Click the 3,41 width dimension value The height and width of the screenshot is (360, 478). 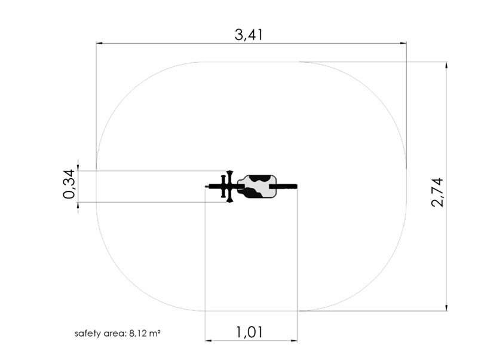tap(249, 35)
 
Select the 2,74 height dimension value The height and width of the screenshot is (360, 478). tap(437, 193)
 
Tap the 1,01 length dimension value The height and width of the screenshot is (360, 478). tap(249, 332)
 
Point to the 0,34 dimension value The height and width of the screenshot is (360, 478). tap(69, 184)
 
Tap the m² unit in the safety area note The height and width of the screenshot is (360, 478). tap(155, 333)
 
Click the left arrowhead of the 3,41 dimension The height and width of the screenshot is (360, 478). tap(99, 43)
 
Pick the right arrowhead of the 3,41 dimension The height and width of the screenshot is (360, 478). tap(403, 43)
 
